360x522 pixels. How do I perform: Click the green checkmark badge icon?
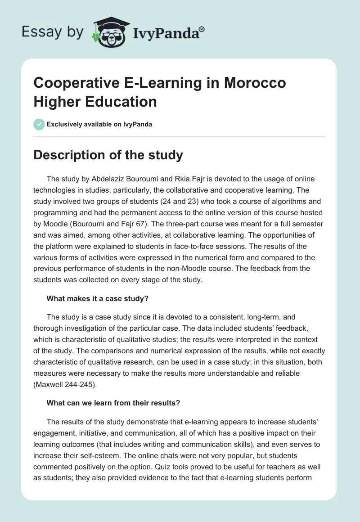39,124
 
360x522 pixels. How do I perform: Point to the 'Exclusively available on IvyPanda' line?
99,124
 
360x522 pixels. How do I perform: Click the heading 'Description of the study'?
108,155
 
